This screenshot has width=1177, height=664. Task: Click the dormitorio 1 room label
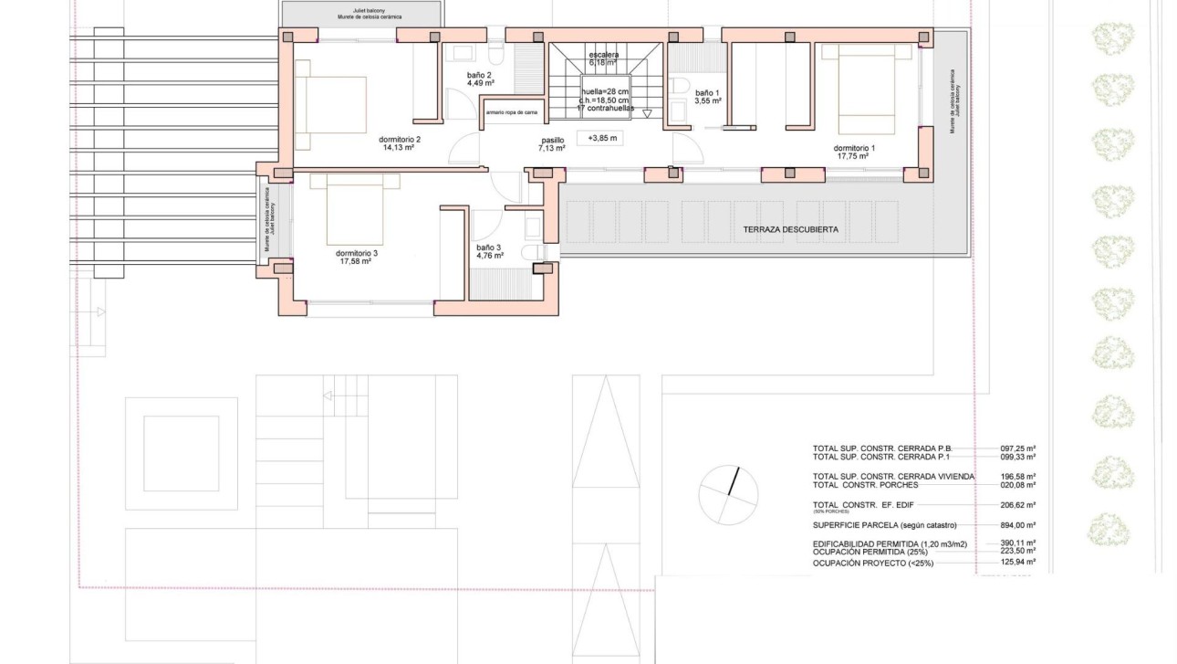coord(854,148)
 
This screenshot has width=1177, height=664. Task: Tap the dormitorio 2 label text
coord(399,140)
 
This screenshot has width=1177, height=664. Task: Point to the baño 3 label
coord(489,248)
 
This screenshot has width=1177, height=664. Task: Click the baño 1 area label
coord(707,93)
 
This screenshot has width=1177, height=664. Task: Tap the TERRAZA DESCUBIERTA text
coord(789,230)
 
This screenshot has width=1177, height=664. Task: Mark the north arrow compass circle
coord(728,494)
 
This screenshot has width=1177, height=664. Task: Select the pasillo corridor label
coord(552,141)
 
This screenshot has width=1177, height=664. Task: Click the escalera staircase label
coord(603,55)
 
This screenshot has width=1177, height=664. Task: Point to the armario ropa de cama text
coord(511,112)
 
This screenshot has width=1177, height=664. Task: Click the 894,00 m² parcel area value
coord(1017,525)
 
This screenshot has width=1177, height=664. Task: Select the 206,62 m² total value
coord(1017,504)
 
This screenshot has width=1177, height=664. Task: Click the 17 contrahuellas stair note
coord(604,108)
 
